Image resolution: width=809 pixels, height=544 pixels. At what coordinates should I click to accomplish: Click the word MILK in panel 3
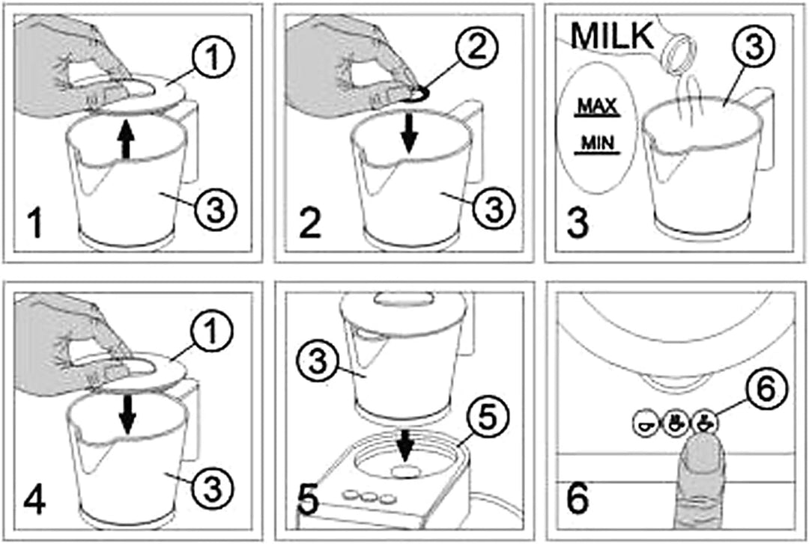613,36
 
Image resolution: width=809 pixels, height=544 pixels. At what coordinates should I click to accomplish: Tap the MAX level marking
598,107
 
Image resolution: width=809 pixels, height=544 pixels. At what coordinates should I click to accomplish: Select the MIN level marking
598,143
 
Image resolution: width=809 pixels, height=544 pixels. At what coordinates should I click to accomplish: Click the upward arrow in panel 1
125,139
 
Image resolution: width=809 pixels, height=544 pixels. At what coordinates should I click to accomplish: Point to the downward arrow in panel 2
410,134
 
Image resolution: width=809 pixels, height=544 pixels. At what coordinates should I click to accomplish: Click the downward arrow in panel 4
127,416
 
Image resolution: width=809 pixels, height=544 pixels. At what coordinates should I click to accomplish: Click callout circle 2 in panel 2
476,47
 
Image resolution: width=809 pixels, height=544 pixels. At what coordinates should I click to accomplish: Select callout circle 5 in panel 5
488,417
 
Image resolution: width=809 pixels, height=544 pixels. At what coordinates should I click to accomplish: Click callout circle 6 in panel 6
767,389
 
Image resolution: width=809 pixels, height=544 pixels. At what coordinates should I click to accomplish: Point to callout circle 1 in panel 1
212,57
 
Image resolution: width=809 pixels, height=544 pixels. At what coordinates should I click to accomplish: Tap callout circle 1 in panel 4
211,331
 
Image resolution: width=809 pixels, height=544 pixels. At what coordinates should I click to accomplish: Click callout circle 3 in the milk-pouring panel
754,45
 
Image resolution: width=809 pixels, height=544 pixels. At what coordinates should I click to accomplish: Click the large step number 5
309,499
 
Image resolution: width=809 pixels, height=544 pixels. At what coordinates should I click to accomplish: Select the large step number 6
578,498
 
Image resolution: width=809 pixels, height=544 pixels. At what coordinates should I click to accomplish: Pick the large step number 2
309,223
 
